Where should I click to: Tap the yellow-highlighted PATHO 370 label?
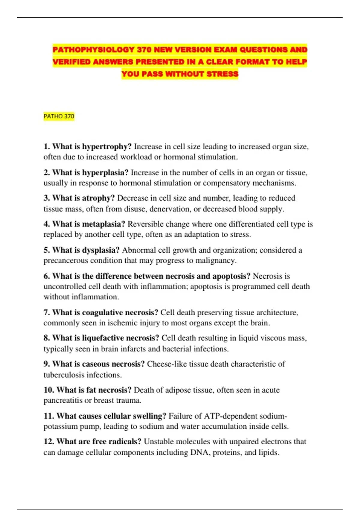[x=59, y=116]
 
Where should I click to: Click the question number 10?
[x=49, y=390]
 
